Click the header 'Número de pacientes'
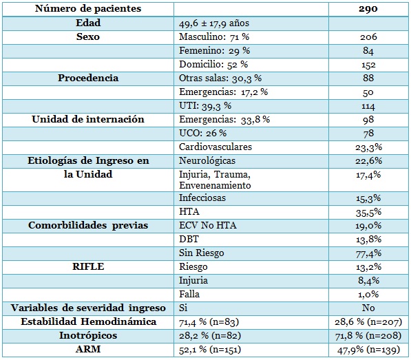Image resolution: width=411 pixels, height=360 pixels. tap(88, 9)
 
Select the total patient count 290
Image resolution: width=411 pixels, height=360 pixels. tap(368, 9)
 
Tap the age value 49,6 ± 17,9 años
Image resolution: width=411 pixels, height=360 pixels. tap(214, 23)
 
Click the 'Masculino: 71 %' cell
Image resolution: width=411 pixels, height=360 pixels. tap(214, 37)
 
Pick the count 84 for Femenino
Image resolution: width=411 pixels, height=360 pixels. tap(368, 50)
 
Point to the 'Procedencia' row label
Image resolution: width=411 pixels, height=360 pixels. tap(88, 78)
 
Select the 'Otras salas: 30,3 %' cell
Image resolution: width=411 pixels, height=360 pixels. tap(220, 78)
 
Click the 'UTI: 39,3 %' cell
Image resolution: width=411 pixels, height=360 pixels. tap(205, 106)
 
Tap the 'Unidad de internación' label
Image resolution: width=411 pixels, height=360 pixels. tap(88, 119)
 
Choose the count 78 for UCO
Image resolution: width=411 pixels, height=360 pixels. tap(368, 134)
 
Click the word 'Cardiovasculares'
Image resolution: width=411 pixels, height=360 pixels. tap(215, 147)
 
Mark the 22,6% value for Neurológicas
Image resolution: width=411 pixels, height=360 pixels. tap(368, 160)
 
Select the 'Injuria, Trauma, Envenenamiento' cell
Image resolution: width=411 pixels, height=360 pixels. tap(215, 180)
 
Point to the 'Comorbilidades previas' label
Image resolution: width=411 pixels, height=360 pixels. tap(88, 225)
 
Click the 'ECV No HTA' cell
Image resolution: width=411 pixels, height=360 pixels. tap(208, 225)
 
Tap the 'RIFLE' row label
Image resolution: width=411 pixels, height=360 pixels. tap(88, 266)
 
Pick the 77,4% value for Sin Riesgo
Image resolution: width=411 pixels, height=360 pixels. tap(368, 253)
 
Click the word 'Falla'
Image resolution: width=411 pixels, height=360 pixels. tap(189, 294)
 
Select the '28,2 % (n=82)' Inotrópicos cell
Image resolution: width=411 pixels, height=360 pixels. tap(210, 336)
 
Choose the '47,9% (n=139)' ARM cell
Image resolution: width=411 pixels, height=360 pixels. tap(368, 350)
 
